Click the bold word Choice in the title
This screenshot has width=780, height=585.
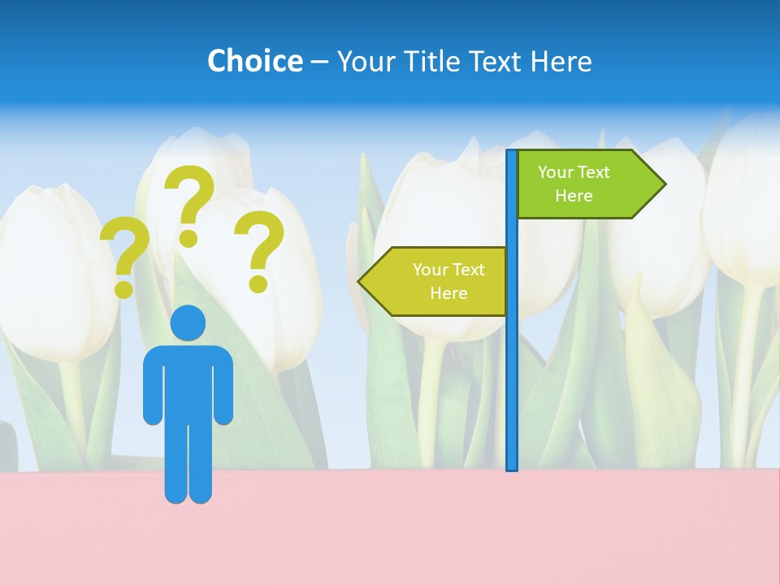(x=254, y=61)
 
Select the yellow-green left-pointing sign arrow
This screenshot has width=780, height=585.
(x=439, y=281)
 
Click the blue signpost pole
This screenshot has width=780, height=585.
(x=512, y=366)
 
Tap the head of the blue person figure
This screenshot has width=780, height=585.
(x=188, y=323)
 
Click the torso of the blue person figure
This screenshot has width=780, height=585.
(x=188, y=382)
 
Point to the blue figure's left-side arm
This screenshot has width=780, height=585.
(x=152, y=386)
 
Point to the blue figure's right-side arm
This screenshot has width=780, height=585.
(x=224, y=386)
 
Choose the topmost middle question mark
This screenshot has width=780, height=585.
(x=189, y=199)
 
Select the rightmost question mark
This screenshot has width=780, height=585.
(x=259, y=244)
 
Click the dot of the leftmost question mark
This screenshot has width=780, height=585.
(x=123, y=288)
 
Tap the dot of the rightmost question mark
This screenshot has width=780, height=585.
(x=258, y=283)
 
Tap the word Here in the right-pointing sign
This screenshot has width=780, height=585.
(x=574, y=196)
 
